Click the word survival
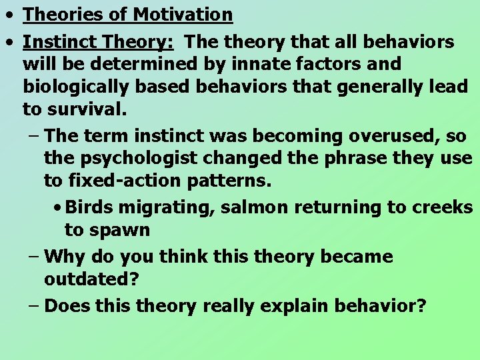[88, 109]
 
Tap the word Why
[64, 256]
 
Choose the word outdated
[91, 279]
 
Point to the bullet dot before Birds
[59, 207]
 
